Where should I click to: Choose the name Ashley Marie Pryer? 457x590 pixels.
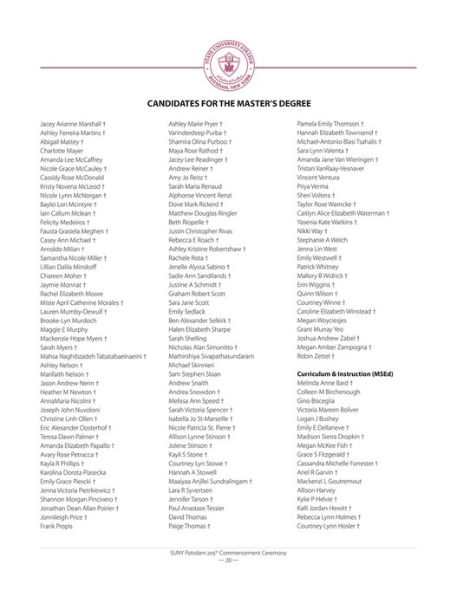point(198,125)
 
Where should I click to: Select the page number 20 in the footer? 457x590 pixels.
point(227,561)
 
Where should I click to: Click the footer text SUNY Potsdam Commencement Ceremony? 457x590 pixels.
point(227,552)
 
